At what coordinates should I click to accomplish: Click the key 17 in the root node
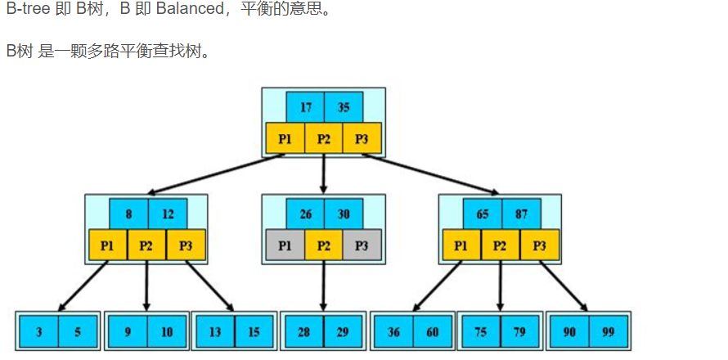pyautogui.click(x=306, y=107)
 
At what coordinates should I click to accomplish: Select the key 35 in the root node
pyautogui.click(x=344, y=107)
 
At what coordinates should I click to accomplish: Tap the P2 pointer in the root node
pyautogui.click(x=324, y=138)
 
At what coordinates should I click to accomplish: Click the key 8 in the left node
pyautogui.click(x=129, y=214)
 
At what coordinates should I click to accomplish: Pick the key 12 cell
pyautogui.click(x=168, y=214)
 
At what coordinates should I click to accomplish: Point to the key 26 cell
pyautogui.click(x=306, y=214)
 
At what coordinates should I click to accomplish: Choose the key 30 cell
pyautogui.click(x=344, y=214)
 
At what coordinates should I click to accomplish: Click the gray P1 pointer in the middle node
pyautogui.click(x=285, y=245)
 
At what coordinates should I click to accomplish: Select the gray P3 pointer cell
pyautogui.click(x=362, y=245)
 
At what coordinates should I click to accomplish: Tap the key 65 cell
pyautogui.click(x=483, y=214)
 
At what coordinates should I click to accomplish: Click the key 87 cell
pyautogui.click(x=521, y=214)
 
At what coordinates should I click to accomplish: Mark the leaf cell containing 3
pyautogui.click(x=39, y=331)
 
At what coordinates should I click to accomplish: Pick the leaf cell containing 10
pyautogui.click(x=167, y=331)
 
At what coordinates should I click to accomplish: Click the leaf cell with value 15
pyautogui.click(x=254, y=331)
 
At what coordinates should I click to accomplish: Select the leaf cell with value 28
pyautogui.click(x=303, y=331)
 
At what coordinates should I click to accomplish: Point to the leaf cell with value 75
pyautogui.click(x=481, y=331)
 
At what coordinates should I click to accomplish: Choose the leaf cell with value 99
pyautogui.click(x=607, y=331)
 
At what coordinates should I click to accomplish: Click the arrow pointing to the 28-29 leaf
pyautogui.click(x=324, y=286)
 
